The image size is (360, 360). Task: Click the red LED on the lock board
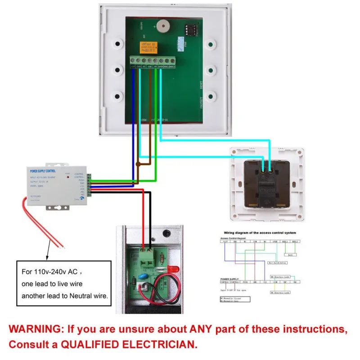pos(173,270)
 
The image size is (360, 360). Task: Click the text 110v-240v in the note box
pos(53,272)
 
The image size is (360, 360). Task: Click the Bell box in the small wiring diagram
pos(291,254)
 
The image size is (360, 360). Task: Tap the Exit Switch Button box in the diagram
pos(277,262)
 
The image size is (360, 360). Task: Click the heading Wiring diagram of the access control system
pos(258,233)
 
